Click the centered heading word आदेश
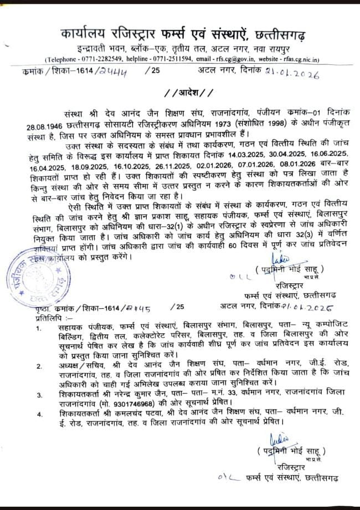[180, 91]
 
